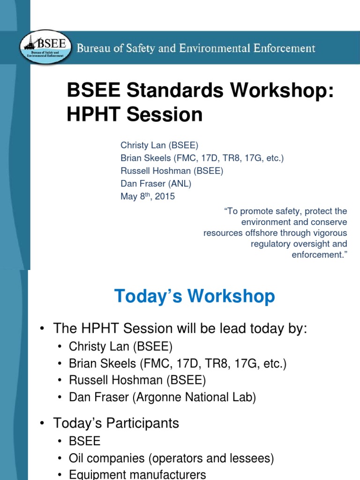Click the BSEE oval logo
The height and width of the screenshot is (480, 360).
point(46,48)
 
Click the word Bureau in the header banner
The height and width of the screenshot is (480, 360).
point(93,48)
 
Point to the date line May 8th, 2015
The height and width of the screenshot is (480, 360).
point(148,196)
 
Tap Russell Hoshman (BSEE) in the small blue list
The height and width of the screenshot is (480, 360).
point(172,171)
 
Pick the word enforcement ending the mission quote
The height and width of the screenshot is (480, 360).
point(318,255)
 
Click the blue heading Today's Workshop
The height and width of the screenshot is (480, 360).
point(195,296)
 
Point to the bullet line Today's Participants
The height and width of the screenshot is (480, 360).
point(116,423)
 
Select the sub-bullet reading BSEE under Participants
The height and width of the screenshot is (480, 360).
point(85,442)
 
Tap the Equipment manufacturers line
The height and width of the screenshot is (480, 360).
point(137,474)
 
